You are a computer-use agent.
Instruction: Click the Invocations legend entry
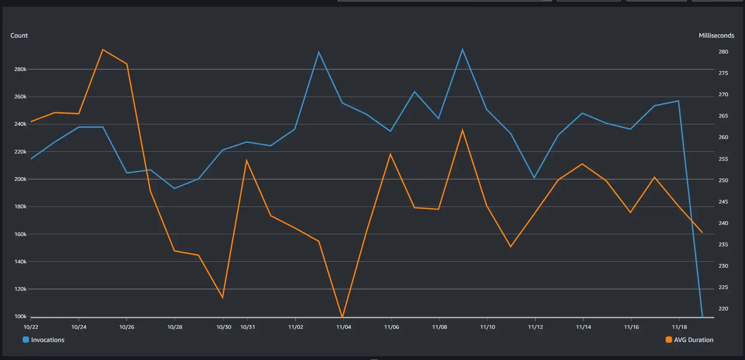pos(44,340)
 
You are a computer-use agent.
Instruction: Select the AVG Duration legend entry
pos(689,340)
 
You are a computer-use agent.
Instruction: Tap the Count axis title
pos(19,35)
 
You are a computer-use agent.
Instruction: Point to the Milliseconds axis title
pos(716,35)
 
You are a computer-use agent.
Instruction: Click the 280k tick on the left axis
pos(21,69)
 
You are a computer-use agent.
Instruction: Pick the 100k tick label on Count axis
pos(21,316)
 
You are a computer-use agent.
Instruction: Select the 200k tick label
pos(21,179)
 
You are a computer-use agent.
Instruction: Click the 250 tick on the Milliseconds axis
pos(723,180)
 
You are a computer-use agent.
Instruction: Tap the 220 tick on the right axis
pos(723,309)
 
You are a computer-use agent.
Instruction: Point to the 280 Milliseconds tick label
pos(723,52)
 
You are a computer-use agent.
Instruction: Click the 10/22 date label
pos(31,327)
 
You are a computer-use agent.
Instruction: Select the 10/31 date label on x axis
pos(248,327)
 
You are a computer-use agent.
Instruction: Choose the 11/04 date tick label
pos(343,327)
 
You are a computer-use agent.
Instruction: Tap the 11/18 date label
pos(679,327)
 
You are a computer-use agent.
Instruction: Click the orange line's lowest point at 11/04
pos(343,317)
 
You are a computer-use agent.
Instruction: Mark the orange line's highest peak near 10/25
pos(103,50)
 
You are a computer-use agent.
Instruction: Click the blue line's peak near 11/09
pos(462,49)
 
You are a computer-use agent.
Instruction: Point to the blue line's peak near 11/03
pos(319,52)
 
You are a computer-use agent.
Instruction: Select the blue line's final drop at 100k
pos(702,316)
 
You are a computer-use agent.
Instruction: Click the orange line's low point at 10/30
pos(223,298)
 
